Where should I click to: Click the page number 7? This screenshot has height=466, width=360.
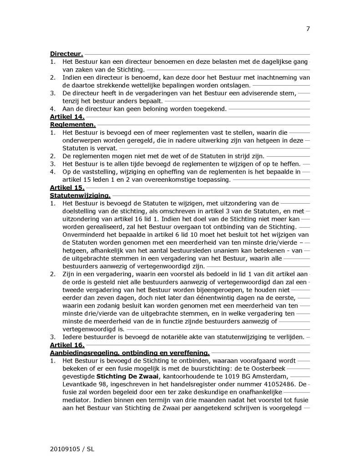coord(308,29)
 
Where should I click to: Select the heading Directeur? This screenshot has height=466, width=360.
coord(66,54)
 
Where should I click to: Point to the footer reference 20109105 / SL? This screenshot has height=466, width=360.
coord(71,449)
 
